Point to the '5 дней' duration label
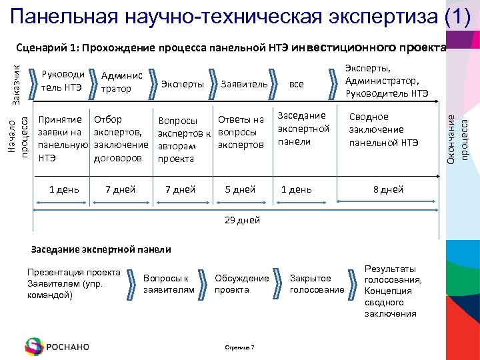240,189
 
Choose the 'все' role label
296,84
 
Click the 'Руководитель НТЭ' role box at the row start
62,81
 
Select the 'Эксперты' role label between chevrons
183,84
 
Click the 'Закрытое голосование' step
317,284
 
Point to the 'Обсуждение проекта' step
241,284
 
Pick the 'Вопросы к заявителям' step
169,284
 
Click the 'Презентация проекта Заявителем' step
73,283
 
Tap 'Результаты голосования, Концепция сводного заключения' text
393,291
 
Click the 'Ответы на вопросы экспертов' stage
241,132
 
